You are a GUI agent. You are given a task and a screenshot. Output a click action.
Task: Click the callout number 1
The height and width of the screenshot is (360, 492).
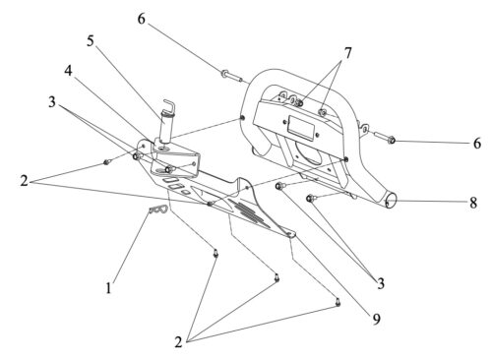pos(108,288)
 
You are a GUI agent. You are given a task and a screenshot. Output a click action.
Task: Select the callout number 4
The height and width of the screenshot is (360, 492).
pos(68,71)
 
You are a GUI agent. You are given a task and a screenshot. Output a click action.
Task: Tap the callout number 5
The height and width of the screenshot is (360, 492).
pos(91,41)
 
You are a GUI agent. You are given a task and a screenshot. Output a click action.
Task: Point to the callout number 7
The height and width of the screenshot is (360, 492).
pos(347,53)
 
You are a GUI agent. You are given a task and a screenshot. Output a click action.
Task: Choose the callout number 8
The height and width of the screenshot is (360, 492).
pos(473,203)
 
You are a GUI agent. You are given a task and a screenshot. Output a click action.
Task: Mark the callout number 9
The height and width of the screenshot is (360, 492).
pos(376,319)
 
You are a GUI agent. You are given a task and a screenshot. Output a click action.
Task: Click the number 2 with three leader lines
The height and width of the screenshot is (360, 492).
pos(178,342)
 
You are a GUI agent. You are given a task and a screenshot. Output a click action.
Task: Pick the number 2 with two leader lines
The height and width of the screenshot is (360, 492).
pos(24,181)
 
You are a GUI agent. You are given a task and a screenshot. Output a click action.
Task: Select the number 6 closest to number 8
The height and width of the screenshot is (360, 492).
pos(477,144)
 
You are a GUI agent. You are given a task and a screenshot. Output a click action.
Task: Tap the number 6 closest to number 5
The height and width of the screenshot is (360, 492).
pos(141,19)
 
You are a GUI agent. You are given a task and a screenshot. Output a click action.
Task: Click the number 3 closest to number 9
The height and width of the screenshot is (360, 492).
pos(381,283)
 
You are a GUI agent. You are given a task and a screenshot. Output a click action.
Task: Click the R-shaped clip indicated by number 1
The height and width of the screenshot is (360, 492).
pos(158,210)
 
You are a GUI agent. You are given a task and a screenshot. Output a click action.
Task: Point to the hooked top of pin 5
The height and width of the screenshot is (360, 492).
pos(170,104)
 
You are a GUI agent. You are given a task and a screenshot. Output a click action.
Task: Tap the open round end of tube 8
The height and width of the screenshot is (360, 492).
pos(391,200)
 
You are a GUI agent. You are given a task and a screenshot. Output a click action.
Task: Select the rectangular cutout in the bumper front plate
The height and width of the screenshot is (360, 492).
pos(298,126)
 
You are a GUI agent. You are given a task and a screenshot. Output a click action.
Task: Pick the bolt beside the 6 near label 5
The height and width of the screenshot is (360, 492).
pos(231,76)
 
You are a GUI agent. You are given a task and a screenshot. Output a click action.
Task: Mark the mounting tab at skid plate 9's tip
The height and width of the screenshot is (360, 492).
pos(290,233)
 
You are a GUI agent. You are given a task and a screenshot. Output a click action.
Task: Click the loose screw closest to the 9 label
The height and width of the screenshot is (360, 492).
pos(338,302)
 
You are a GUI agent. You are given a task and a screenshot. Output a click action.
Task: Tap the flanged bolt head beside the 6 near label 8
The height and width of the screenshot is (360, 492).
pos(392,141)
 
